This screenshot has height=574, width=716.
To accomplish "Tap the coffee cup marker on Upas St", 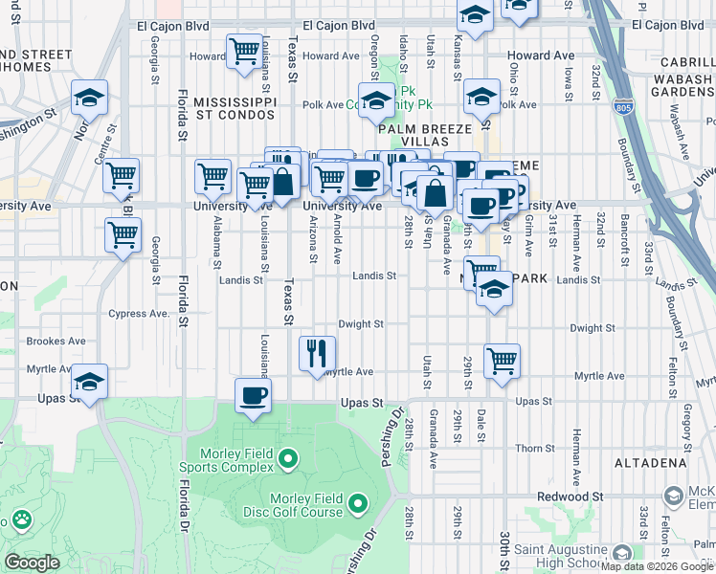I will click(x=253, y=396).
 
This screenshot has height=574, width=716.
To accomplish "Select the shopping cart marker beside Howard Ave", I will click(x=244, y=50).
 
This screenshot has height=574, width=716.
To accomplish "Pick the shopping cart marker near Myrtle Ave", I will click(x=502, y=361).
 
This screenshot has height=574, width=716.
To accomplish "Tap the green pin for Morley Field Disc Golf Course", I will click(x=358, y=502).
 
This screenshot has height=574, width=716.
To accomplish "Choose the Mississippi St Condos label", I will click(x=235, y=108).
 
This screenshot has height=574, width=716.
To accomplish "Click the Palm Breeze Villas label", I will click(x=425, y=135).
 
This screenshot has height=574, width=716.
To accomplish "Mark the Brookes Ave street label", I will click(x=56, y=341).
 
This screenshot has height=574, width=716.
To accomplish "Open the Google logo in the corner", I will click(x=32, y=563).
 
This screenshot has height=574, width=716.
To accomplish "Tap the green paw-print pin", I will click(x=21, y=520).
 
